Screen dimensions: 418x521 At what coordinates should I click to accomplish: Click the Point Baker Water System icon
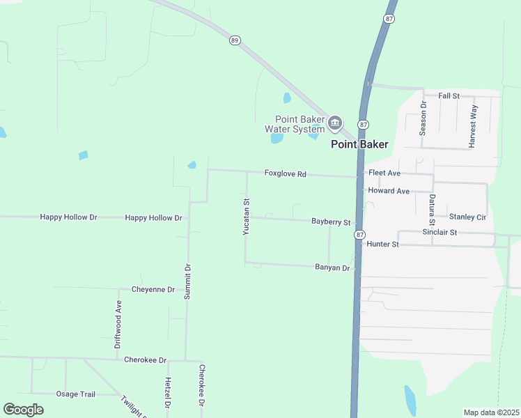tap(335, 124)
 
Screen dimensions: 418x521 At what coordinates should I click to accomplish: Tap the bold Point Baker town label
tap(359, 145)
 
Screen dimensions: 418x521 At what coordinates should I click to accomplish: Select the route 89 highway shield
tap(234, 41)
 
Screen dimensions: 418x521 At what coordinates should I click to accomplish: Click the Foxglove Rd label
tap(286, 173)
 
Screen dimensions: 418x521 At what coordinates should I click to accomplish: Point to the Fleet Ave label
tap(384, 173)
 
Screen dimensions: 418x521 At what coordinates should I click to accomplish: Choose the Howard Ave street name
tap(389, 191)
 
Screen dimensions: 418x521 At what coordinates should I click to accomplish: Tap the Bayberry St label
tap(331, 222)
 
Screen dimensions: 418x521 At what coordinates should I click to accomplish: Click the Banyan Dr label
tap(332, 268)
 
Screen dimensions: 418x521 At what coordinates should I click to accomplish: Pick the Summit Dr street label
tap(187, 281)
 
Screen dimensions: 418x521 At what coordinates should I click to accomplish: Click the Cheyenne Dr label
tap(153, 289)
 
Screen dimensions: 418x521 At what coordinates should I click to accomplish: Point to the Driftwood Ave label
tap(118, 324)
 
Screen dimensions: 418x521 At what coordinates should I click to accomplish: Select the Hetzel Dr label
tap(168, 394)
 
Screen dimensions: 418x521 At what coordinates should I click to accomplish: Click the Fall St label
tap(449, 95)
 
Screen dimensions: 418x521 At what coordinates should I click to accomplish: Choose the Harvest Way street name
tap(473, 125)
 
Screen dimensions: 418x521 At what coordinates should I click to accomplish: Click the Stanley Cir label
tap(467, 217)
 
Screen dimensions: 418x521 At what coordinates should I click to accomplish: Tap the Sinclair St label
tap(440, 232)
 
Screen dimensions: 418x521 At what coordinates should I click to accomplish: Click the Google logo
tap(23, 410)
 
